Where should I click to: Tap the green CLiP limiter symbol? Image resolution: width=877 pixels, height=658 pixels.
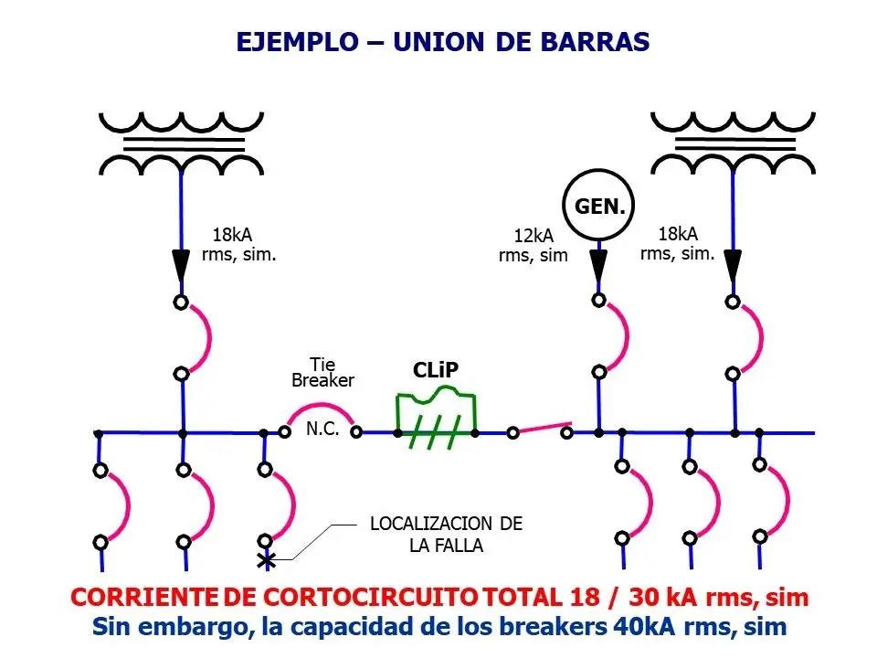(437, 417)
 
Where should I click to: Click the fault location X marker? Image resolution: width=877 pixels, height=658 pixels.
(266, 559)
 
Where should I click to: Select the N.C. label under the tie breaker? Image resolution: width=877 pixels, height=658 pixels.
(322, 429)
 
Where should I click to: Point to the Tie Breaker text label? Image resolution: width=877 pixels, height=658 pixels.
(322, 372)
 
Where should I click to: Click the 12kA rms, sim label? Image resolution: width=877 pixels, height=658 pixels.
(533, 245)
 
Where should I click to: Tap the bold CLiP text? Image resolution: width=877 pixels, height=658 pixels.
(436, 369)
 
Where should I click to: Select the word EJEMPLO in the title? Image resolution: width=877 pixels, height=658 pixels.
(297, 42)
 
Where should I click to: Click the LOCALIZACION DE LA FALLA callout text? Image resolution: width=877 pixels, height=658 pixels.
(447, 535)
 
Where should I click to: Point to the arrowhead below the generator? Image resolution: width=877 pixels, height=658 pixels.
(598, 265)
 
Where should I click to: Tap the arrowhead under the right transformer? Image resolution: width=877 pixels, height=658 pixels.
(733, 265)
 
